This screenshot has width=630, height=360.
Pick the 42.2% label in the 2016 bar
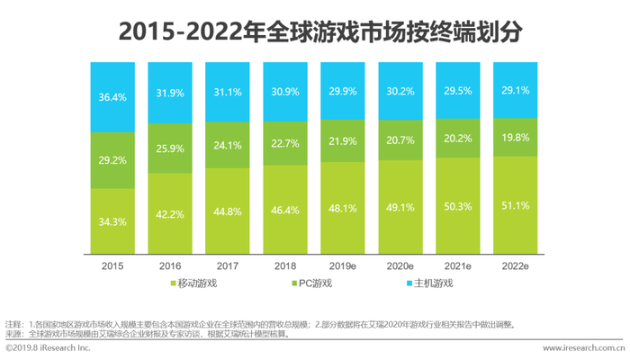pyautogui.click(x=172, y=214)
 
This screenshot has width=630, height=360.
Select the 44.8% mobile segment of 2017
pyautogui.click(x=229, y=212)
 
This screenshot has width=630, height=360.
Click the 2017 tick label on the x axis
pyautogui.click(x=229, y=266)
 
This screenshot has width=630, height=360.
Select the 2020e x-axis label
pyautogui.click(x=402, y=266)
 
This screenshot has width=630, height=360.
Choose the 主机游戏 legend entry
pyautogui.click(x=430, y=284)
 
